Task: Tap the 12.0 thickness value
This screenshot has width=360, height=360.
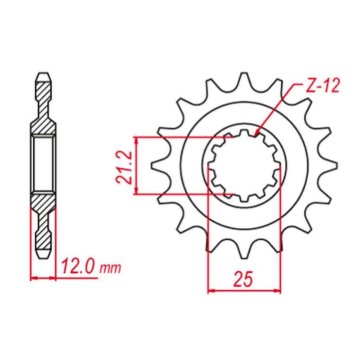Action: [77, 267]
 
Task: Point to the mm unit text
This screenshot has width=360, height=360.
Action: [110, 269]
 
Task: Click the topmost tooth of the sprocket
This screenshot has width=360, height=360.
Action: [244, 81]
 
